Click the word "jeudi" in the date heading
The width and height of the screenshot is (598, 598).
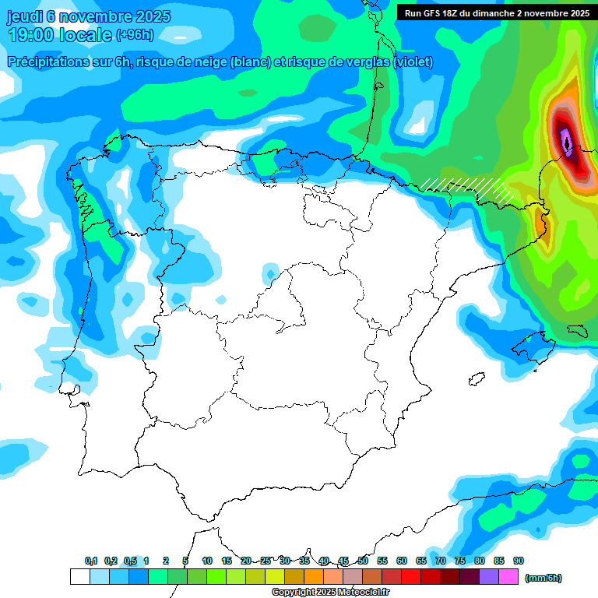(x=25, y=16)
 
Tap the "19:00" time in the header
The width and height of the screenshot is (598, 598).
(x=32, y=35)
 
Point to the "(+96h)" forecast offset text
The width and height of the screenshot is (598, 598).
(x=135, y=35)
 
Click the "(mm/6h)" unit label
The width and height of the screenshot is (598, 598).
(x=543, y=578)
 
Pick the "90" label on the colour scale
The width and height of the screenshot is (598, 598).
(x=519, y=561)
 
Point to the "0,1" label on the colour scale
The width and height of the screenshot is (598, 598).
(x=91, y=561)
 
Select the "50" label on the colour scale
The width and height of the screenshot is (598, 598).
(x=363, y=561)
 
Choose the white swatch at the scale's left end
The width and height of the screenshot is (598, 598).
(x=79, y=577)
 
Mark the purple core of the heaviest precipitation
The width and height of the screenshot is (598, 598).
(x=567, y=142)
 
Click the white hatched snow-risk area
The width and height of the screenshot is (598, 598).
(x=467, y=187)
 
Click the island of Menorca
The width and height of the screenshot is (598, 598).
(x=577, y=330)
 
